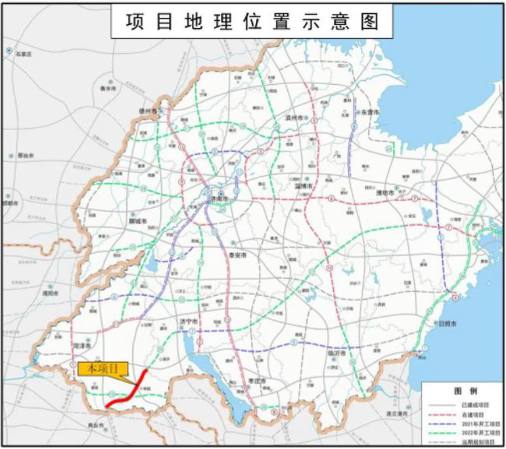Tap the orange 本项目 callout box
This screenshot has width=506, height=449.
point(104,369)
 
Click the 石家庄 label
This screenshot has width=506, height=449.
point(24,54)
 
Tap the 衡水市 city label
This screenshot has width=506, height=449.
point(109,88)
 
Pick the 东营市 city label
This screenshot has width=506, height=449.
point(369,112)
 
